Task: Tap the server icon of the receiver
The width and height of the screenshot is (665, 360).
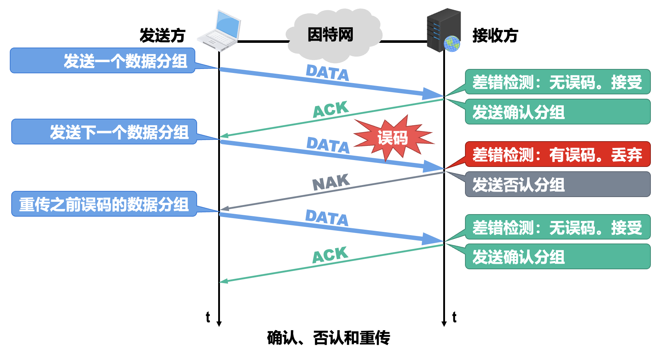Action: pyautogui.click(x=443, y=30)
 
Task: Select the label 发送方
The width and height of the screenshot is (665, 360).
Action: pyautogui.click(x=162, y=36)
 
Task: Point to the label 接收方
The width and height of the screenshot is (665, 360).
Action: pyautogui.click(x=495, y=36)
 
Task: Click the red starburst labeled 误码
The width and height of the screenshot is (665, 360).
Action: pyautogui.click(x=393, y=138)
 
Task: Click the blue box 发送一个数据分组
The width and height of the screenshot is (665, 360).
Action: pyautogui.click(x=102, y=61)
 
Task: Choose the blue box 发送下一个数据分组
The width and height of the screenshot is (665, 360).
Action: pyautogui.click(x=104, y=132)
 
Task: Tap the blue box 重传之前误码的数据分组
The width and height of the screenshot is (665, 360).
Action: pyautogui.click(x=104, y=204)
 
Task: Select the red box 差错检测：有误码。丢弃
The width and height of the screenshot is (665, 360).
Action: pyautogui.click(x=558, y=154)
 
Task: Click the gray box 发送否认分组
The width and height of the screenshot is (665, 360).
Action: pyautogui.click(x=558, y=184)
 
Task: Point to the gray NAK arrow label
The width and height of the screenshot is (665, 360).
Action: pyautogui.click(x=331, y=182)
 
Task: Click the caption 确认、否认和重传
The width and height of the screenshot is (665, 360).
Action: pyautogui.click(x=329, y=338)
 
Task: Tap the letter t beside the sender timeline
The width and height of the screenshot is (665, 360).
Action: pyautogui.click(x=208, y=317)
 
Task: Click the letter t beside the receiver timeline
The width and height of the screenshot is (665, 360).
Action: pyautogui.click(x=454, y=317)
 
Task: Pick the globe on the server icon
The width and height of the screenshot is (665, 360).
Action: pyautogui.click(x=452, y=44)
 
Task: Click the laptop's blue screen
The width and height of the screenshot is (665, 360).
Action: pyautogui.click(x=228, y=25)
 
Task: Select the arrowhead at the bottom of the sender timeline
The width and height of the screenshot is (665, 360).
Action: pyautogui.click(x=219, y=323)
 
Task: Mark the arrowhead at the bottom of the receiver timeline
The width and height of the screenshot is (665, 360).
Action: pyautogui.click(x=444, y=323)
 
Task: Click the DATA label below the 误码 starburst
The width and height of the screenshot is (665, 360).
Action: pyautogui.click(x=328, y=145)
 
